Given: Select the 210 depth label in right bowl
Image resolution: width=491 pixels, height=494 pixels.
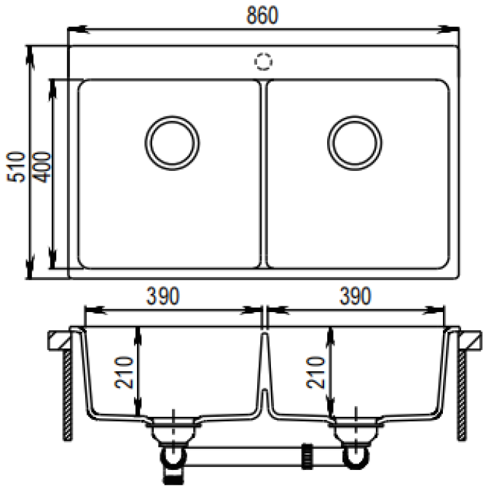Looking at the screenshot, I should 316,373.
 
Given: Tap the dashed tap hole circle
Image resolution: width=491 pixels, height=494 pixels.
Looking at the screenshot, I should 264,61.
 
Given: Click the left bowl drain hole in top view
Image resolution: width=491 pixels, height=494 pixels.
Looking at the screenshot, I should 172,140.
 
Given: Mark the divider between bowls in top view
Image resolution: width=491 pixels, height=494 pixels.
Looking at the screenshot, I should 263,173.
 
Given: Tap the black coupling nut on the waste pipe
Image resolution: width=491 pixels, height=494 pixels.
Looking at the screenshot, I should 308,455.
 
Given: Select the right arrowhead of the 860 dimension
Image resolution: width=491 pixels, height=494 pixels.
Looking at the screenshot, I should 451,30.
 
